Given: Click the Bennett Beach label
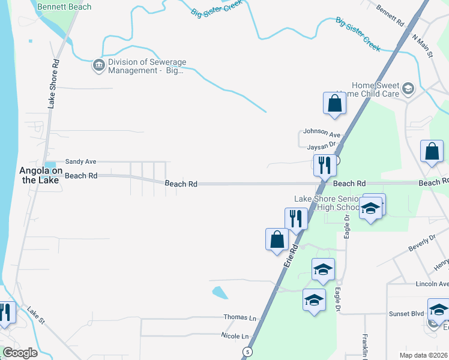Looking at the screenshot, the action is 64,7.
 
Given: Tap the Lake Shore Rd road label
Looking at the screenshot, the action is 54,83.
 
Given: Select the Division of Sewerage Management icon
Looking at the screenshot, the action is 98,65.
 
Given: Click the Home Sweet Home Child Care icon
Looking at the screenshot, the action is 408,89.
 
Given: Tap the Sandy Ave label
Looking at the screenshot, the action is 80,161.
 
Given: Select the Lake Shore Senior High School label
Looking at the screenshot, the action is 327,203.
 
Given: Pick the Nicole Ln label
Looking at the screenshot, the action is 235,335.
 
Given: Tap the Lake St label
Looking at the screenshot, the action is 35,316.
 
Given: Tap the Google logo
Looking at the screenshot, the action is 20,353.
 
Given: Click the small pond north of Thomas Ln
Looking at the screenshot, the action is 220,293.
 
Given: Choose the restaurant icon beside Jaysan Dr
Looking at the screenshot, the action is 324,165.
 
